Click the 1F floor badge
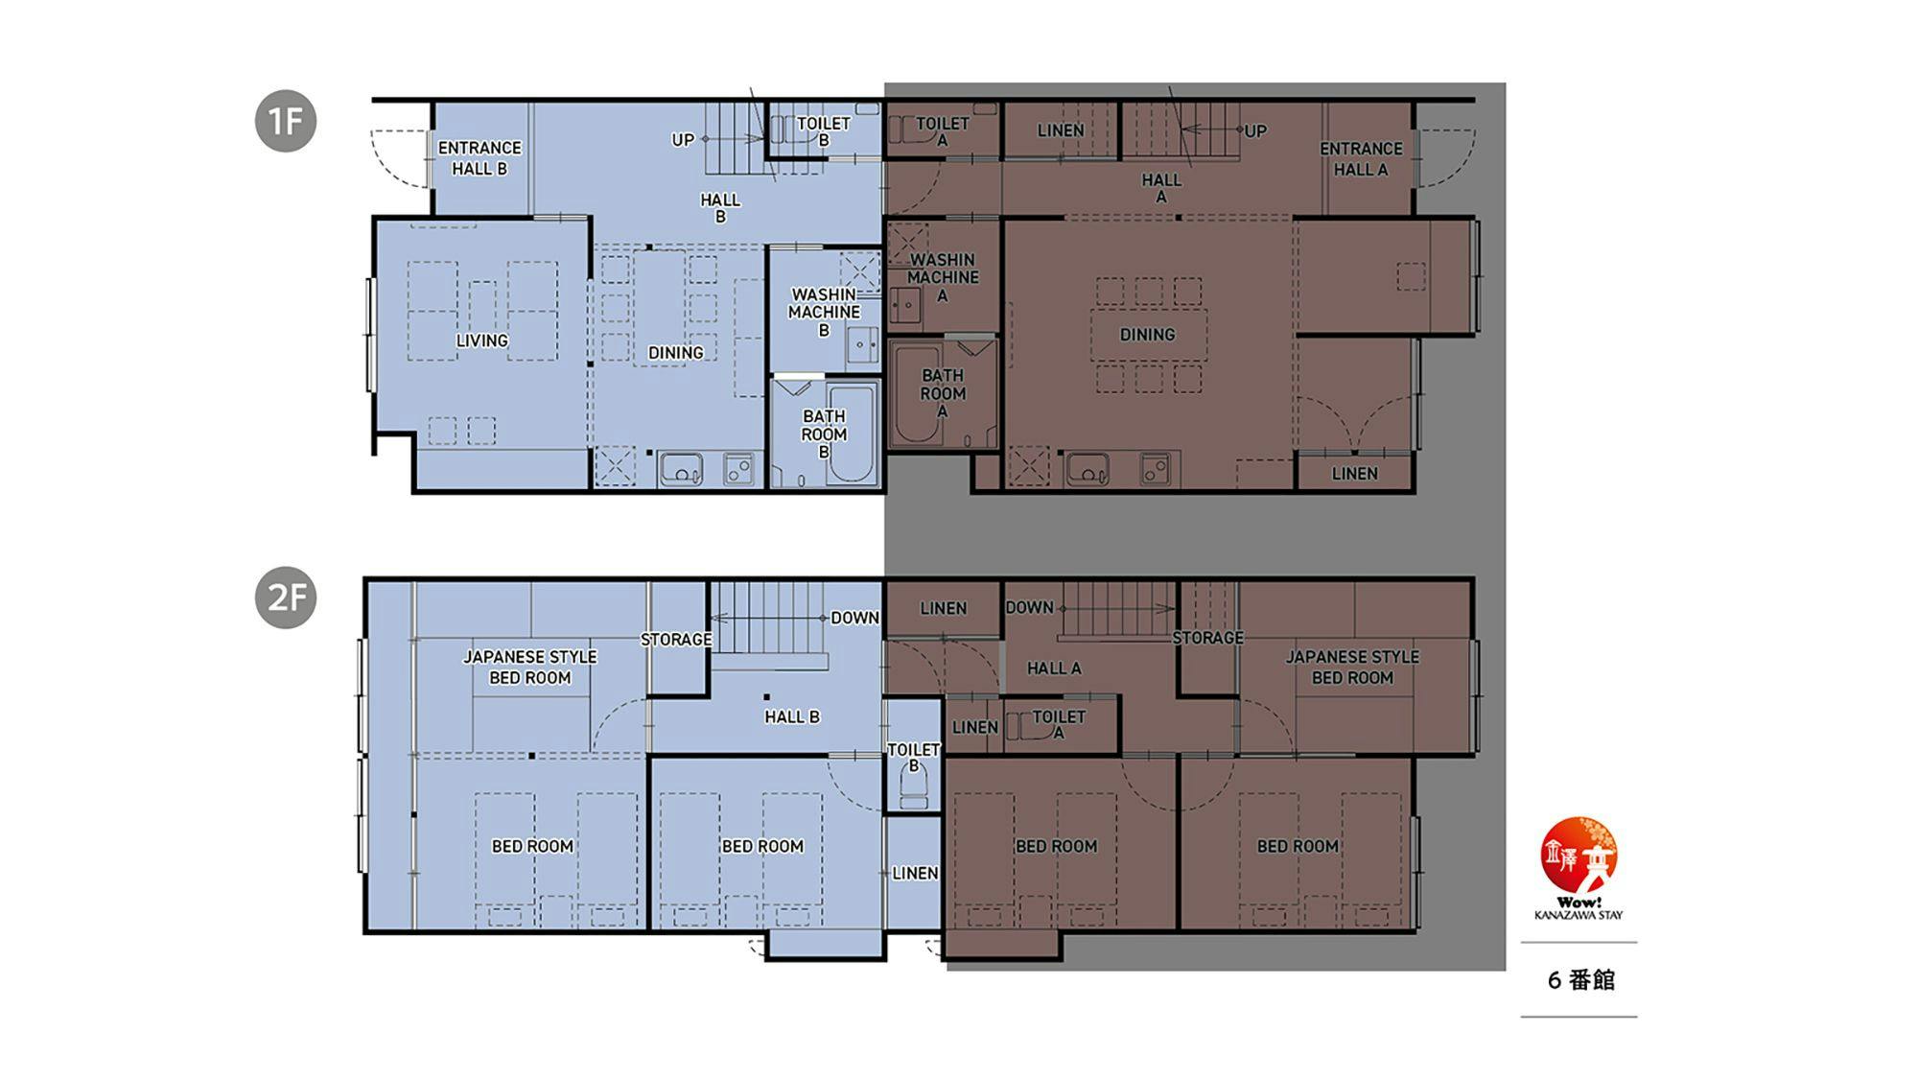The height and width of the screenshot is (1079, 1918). (286, 121)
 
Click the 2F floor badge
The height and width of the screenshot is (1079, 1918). (286, 598)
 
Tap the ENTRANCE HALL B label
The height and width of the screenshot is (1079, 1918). (479, 158)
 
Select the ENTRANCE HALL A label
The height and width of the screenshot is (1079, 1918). (1361, 159)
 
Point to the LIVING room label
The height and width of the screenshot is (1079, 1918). (481, 340)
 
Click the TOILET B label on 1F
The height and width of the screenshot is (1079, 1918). (823, 131)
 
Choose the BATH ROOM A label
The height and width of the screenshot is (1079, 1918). (943, 393)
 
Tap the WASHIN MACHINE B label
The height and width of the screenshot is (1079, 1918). (824, 312)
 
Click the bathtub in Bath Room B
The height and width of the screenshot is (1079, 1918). (852, 434)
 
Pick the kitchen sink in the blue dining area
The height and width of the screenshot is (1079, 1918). (682, 470)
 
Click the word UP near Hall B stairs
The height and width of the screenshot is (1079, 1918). (683, 140)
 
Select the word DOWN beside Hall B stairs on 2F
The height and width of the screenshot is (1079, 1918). (854, 618)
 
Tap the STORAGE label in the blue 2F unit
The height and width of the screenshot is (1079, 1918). (676, 640)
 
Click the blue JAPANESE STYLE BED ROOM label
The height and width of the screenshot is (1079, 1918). (530, 668)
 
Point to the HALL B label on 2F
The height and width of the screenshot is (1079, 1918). (792, 716)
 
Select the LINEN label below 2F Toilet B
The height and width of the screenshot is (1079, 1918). (915, 873)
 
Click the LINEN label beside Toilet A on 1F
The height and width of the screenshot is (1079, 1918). (1061, 130)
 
